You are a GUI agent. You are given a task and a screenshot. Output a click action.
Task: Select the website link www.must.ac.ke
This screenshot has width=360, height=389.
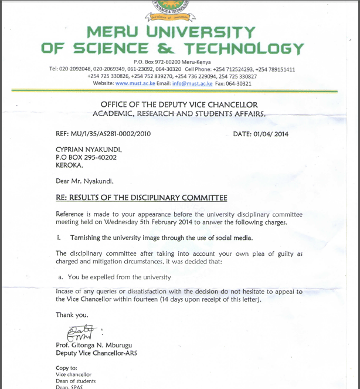click(x=135, y=84)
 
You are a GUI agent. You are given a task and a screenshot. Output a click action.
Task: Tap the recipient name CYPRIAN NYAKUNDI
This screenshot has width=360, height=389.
click(x=89, y=150)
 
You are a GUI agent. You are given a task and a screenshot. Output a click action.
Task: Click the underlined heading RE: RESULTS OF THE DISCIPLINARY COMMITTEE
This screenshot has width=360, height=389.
click(x=141, y=198)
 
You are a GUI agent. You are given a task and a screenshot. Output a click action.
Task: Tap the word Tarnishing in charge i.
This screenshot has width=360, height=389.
click(x=89, y=238)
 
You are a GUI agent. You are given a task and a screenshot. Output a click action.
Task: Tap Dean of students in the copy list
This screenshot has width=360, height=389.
click(x=76, y=381)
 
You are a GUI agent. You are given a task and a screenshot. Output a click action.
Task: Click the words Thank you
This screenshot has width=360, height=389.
click(x=72, y=315)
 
